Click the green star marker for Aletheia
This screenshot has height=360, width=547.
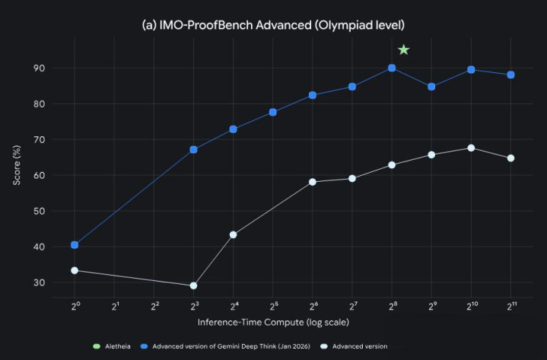pyautogui.click(x=404, y=50)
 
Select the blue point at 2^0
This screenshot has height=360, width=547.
pyautogui.click(x=75, y=245)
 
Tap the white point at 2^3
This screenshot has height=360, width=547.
pyautogui.click(x=193, y=286)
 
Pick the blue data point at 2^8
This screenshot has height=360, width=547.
pyautogui.click(x=392, y=68)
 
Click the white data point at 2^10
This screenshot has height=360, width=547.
pyautogui.click(x=471, y=148)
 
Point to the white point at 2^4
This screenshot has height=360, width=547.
pyautogui.click(x=233, y=234)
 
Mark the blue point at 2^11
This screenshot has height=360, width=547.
pyautogui.click(x=511, y=75)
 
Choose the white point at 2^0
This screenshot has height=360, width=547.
pyautogui.click(x=75, y=270)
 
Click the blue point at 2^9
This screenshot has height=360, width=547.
pyautogui.click(x=431, y=87)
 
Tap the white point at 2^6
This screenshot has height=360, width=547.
pyautogui.click(x=313, y=182)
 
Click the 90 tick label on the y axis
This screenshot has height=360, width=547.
pyautogui.click(x=40, y=68)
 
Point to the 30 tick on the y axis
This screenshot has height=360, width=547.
pyautogui.click(x=40, y=282)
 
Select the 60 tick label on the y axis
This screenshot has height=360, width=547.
pyautogui.click(x=40, y=175)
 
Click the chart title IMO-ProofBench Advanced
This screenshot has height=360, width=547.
pyautogui.click(x=274, y=25)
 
